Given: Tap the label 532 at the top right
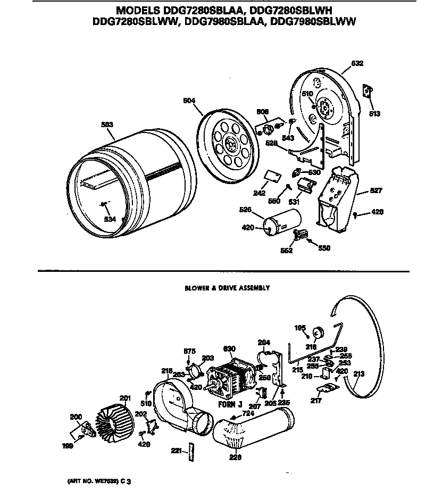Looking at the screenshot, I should click(357, 63).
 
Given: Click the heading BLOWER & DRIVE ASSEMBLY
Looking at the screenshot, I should click(227, 288).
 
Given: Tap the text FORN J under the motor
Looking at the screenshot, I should click(230, 404).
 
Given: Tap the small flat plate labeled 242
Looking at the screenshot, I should click(273, 177).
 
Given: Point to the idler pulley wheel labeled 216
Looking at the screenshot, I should click(319, 332).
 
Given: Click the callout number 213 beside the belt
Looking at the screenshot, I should click(358, 373).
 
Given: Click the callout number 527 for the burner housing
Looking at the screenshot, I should click(375, 190).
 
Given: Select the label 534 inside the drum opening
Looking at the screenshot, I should click(110, 219).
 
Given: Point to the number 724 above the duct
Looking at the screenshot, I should click(248, 412).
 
